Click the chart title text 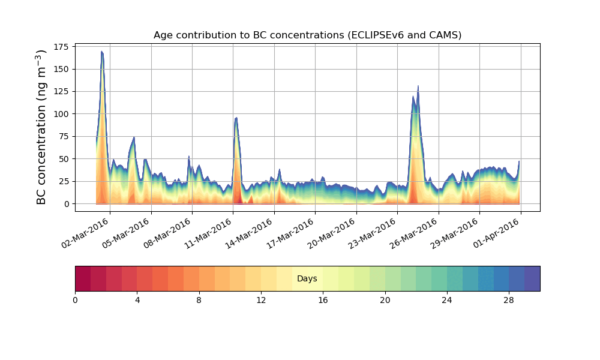click(307, 35)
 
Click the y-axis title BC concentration click(41, 127)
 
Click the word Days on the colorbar click(307, 279)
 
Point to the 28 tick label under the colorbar click(509, 300)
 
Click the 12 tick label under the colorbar click(261, 300)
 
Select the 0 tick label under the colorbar click(76, 300)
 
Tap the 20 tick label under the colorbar click(385, 300)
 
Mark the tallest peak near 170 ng click(102, 52)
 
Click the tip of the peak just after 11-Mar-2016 click(236, 118)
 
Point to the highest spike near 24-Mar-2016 click(418, 86)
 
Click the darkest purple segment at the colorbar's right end click(532, 278)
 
